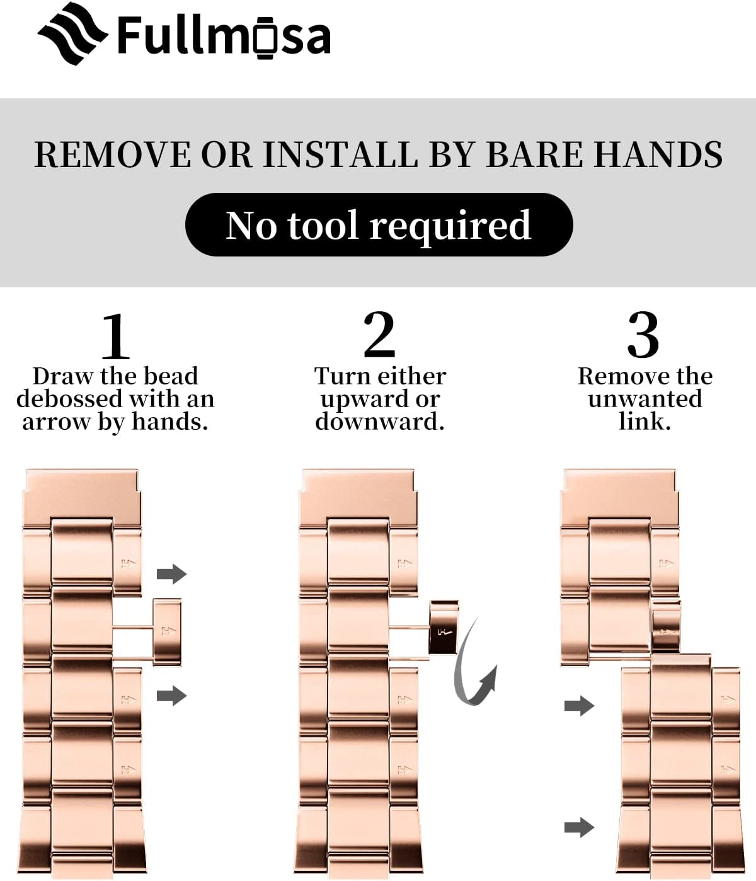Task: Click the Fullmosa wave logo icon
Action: (72, 33)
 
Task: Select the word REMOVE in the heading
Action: (113, 154)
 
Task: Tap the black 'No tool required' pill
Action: (379, 224)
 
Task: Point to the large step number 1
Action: (115, 337)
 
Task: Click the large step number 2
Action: (379, 335)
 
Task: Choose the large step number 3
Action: (643, 335)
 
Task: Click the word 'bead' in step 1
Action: (170, 376)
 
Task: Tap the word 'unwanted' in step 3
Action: (644, 400)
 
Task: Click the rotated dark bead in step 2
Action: (443, 628)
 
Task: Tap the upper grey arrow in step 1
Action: (171, 573)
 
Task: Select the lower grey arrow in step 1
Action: (171, 696)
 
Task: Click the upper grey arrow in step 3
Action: (579, 706)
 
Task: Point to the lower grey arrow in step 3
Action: (579, 827)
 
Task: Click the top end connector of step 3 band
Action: (619, 498)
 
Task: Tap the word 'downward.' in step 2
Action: (380, 422)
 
